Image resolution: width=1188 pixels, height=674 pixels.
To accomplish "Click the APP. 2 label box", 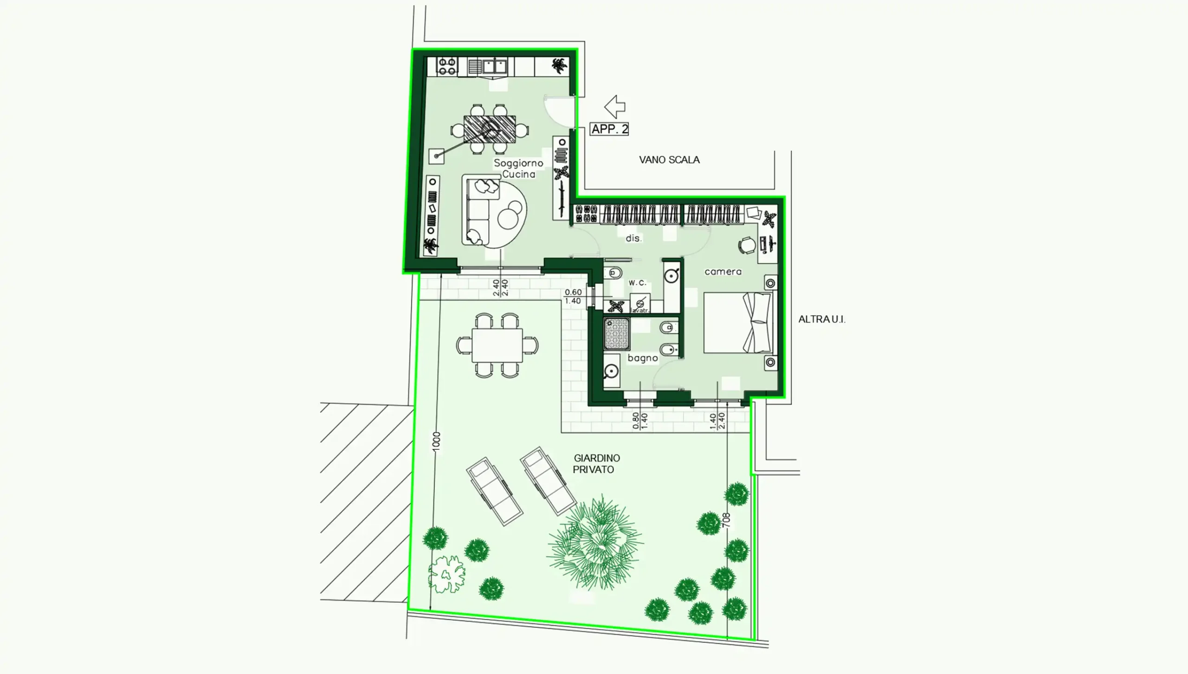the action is (609, 129).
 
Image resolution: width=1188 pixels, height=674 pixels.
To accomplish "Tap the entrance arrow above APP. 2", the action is (615, 107).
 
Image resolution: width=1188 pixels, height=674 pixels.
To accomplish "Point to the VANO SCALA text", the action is (669, 160).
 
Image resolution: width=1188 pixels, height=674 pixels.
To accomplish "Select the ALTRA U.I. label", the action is (822, 319).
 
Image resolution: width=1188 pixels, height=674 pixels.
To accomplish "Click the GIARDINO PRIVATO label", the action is (596, 464).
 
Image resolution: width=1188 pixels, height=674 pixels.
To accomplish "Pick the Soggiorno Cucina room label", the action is (518, 168).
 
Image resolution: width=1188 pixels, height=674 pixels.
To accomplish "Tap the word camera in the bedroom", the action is (723, 272).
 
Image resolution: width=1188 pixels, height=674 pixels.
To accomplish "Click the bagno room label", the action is (643, 358).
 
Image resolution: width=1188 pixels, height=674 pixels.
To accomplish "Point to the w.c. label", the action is (637, 282).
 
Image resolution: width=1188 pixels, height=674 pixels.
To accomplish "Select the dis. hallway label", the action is (633, 238).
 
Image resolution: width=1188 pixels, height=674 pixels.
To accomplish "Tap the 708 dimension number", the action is (726, 520).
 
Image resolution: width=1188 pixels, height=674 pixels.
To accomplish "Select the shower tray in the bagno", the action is (617, 334).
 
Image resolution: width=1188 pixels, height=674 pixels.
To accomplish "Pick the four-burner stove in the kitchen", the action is (447, 66).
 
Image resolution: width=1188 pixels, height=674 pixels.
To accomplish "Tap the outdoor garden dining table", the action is (497, 345).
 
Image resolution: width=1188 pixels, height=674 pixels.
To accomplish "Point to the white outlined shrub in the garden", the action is (446, 575).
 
